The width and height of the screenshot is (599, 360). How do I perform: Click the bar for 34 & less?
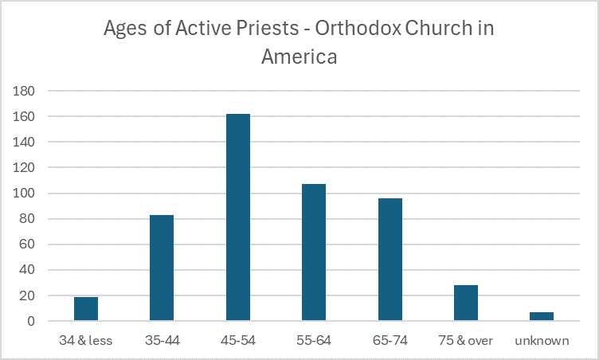86,309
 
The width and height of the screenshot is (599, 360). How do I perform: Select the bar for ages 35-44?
162,268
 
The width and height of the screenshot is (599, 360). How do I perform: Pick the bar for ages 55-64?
314,252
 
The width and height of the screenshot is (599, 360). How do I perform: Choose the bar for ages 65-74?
390,260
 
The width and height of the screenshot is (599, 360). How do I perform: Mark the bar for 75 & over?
466,303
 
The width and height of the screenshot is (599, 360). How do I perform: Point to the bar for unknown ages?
542,316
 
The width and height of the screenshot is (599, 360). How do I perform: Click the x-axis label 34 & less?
86,341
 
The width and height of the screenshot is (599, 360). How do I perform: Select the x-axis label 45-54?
238,341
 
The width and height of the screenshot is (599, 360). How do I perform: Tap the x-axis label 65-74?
390,341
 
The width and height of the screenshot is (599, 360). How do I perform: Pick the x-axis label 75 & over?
466,341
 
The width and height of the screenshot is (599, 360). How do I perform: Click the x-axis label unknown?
542,341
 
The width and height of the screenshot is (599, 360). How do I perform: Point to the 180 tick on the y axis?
29,91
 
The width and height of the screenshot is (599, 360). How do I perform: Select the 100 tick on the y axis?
29,194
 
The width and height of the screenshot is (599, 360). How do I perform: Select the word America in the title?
299,57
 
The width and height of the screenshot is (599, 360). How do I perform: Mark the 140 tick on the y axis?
29,142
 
